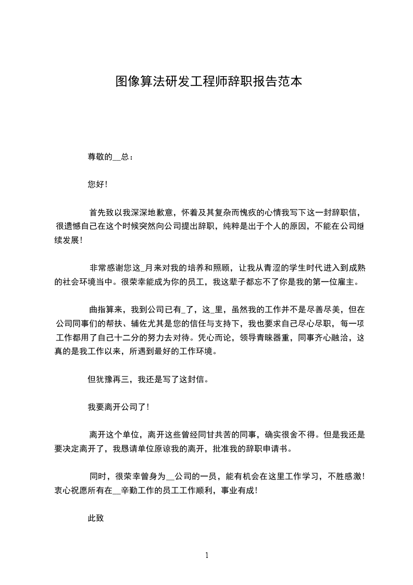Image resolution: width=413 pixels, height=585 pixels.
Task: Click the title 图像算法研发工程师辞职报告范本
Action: pyautogui.click(x=208, y=82)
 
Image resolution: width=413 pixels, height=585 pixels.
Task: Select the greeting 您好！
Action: pyautogui.click(x=97, y=184)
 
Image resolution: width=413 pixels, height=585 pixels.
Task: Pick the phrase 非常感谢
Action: pyautogui.click(x=108, y=268)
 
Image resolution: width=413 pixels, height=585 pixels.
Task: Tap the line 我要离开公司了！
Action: pyautogui.click(x=119, y=407)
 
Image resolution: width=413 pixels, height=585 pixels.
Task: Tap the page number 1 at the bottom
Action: pyautogui.click(x=207, y=555)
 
